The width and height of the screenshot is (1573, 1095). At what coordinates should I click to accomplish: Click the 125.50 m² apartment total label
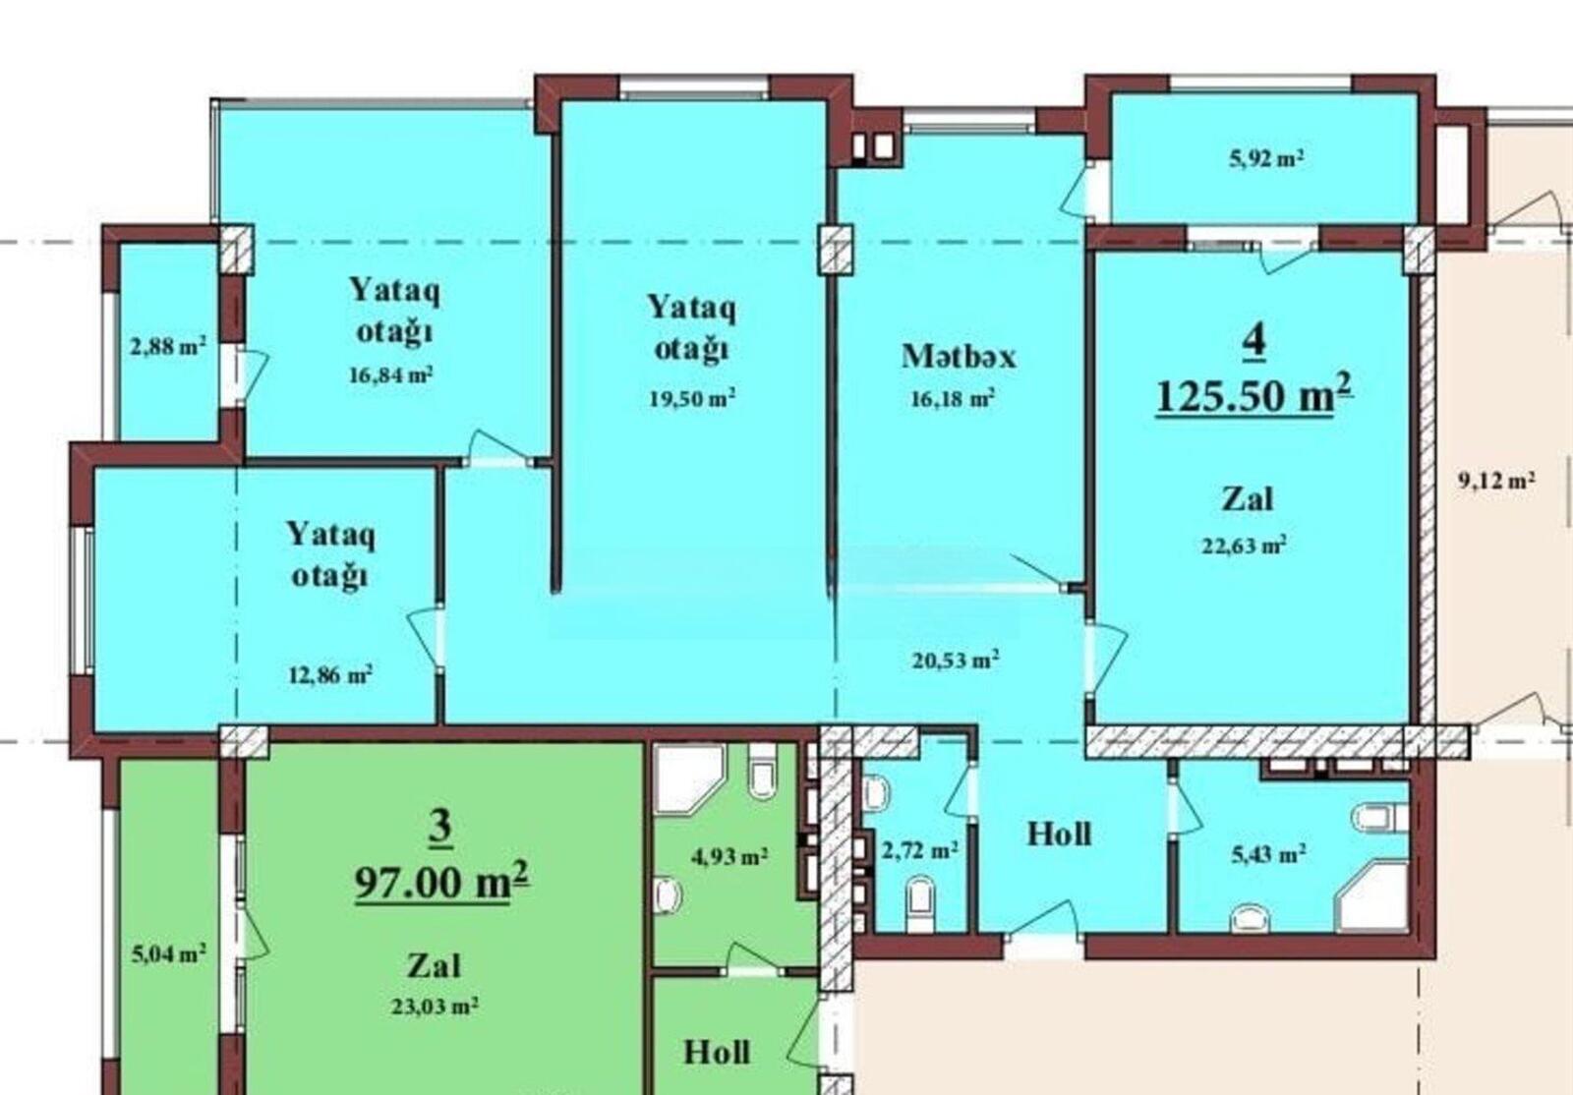coord(1254,394)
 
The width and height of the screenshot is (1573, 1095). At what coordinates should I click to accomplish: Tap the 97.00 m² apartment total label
coord(442,880)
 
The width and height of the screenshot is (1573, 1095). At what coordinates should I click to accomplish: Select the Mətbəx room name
coord(959,356)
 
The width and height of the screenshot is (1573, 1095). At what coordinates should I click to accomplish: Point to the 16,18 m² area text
coord(953,398)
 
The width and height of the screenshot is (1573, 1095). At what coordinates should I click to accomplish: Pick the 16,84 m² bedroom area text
coord(391,375)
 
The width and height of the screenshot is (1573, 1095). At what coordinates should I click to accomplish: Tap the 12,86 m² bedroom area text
coord(330,674)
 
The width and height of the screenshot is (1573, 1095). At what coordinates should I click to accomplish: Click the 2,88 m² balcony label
coord(168,346)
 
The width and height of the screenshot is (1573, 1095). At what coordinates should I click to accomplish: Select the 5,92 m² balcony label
coord(1267,158)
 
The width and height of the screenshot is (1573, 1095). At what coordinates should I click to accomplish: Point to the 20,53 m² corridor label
coord(956,660)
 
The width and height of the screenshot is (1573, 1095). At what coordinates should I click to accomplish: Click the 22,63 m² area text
coord(1245,545)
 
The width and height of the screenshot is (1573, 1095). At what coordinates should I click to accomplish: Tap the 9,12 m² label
coord(1496,480)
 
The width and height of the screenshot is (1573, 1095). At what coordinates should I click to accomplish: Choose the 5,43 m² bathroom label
coord(1269,853)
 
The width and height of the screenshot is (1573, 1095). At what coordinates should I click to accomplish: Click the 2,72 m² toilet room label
coord(920,850)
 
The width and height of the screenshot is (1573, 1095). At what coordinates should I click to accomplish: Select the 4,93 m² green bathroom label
coord(728,855)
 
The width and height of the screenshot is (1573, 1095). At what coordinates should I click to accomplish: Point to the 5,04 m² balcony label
coord(168,953)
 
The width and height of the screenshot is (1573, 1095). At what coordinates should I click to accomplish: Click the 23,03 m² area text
coord(436,1006)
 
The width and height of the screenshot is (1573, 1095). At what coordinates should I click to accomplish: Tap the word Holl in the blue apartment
coord(1059,834)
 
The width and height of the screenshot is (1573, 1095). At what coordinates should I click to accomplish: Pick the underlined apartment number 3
coord(439,828)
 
